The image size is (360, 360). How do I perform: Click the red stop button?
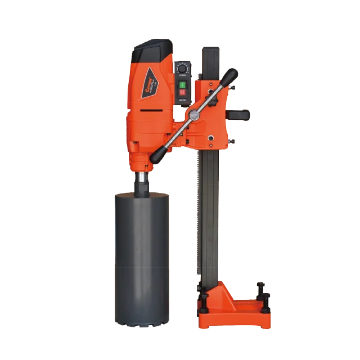(183, 92)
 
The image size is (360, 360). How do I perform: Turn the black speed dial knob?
(183, 66)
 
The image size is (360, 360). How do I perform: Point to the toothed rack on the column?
(197, 225)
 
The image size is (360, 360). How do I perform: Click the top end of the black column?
(210, 51)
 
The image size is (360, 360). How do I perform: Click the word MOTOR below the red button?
(183, 100)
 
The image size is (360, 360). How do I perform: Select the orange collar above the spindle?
(141, 161)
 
